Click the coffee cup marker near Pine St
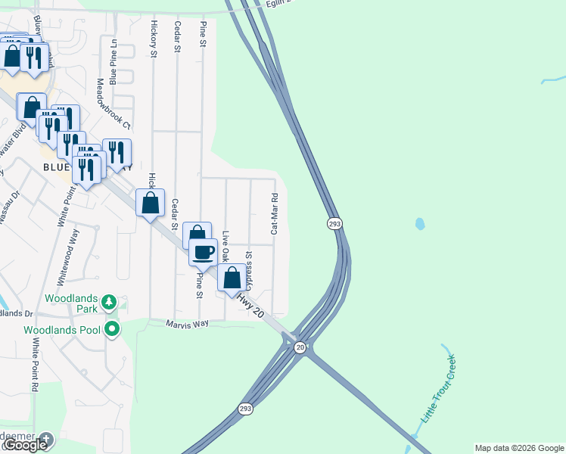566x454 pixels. [x=204, y=252]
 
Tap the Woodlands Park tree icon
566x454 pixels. [x=110, y=303]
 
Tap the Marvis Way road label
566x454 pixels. [x=187, y=323]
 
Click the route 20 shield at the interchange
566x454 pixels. [x=300, y=347]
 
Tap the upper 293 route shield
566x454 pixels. [x=335, y=224]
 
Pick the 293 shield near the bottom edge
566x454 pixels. [x=245, y=409]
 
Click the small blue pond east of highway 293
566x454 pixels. [x=419, y=224]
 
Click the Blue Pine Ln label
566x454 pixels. [x=114, y=61]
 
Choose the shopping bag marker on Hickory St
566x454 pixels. [x=151, y=202]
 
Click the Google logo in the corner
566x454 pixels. [x=26, y=445]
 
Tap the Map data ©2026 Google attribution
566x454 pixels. [x=519, y=448]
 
